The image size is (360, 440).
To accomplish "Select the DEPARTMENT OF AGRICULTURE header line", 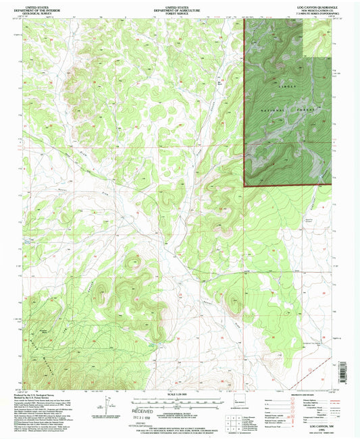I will pyautogui.click(x=178, y=9).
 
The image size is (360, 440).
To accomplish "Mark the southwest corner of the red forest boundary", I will pyautogui.click(x=244, y=184).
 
